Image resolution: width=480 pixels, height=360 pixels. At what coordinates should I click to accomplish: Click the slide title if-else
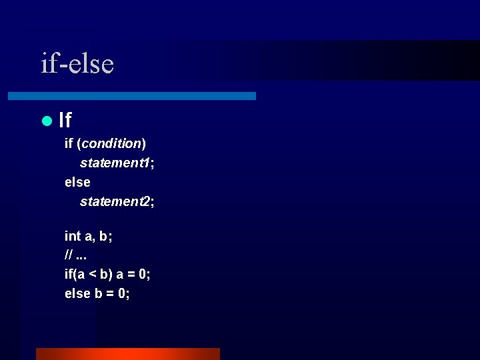tap(77, 64)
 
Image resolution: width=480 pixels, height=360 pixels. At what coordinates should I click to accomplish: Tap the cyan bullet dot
tap(46, 121)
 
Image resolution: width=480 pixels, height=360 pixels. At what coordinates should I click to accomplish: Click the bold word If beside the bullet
tap(65, 121)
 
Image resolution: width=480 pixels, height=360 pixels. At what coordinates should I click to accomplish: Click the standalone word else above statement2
tap(77, 182)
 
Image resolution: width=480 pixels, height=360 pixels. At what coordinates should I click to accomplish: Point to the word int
tap(73, 236)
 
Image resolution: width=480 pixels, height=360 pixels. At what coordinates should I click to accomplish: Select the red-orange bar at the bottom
tap(127, 353)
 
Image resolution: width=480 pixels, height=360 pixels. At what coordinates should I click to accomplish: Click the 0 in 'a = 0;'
tap(143, 275)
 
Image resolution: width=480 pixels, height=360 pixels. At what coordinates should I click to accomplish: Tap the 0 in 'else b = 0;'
tap(121, 293)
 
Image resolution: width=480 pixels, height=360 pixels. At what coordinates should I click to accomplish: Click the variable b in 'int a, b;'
tap(103, 236)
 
